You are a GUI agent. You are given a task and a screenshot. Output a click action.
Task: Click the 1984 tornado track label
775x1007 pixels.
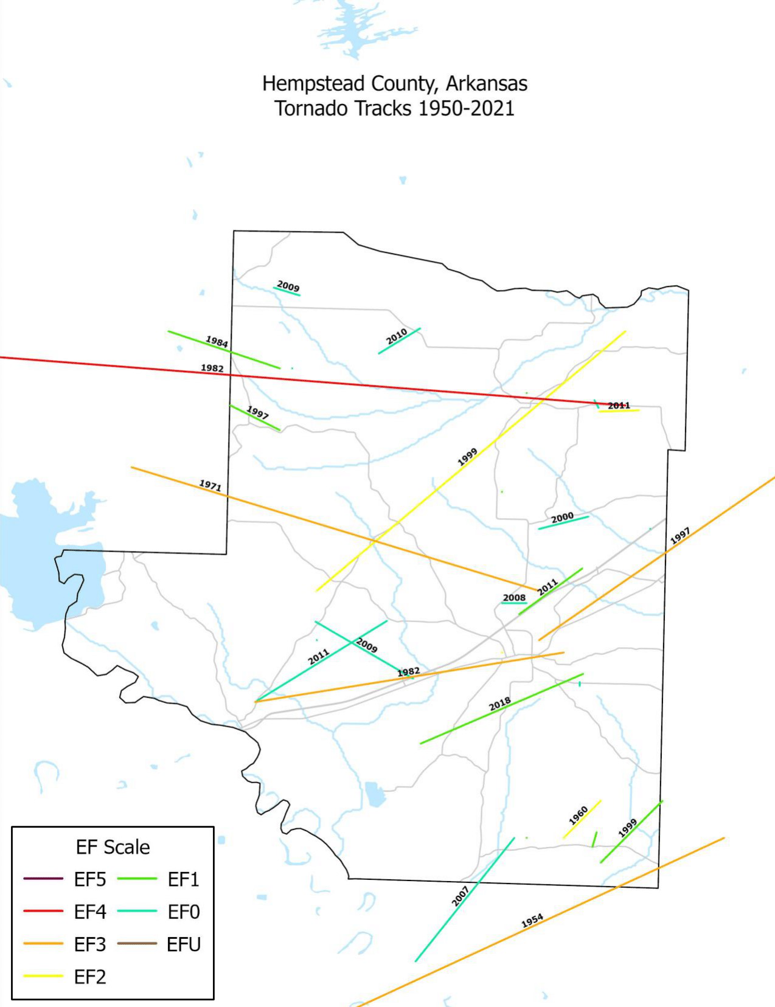[217, 341]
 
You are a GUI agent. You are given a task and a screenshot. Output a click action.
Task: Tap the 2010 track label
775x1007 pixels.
[397, 336]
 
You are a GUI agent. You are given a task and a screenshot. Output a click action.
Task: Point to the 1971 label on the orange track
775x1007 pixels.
[210, 485]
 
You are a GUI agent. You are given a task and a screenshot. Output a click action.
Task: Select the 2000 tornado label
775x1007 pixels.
[562, 517]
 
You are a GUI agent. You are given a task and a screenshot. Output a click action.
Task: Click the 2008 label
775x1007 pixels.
[514, 598]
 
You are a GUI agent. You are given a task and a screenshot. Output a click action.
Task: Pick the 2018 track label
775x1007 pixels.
[500, 704]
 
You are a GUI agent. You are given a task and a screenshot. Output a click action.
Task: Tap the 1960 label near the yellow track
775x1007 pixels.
[579, 815]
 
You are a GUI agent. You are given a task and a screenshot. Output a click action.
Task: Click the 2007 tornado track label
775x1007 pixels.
[460, 896]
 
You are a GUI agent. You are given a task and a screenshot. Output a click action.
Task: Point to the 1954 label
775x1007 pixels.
[532, 921]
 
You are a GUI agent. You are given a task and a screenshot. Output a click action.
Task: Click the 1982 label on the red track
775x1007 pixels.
[212, 368]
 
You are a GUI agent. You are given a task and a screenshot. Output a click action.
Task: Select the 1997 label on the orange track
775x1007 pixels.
[680, 536]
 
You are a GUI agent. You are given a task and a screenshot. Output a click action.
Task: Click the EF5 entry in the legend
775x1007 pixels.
[89, 879]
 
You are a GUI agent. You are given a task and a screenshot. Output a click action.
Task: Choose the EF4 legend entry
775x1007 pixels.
[89, 912]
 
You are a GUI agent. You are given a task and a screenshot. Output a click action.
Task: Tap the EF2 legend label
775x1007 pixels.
[89, 977]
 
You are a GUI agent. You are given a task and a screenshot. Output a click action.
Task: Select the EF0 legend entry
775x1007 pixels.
[183, 912]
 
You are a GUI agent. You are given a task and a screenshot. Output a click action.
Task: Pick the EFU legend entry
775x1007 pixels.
[183, 944]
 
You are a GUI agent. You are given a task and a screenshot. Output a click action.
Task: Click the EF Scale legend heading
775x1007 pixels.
[113, 847]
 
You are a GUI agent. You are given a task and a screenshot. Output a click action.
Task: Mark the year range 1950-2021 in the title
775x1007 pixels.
[466, 108]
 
